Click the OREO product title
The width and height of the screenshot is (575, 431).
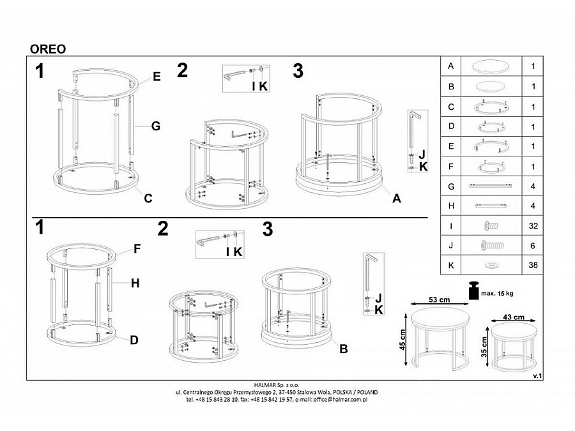pos(48,49)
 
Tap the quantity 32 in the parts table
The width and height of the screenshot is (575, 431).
pos(533,226)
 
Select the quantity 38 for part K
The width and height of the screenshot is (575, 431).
pos(533,265)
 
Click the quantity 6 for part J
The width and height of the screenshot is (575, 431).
pos(533,246)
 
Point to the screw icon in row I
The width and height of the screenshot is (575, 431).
pos(491,226)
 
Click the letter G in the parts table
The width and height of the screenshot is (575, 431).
pos(451,186)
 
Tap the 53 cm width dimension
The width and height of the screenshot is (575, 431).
pos(440,300)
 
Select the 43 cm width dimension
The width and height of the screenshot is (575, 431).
pos(514,317)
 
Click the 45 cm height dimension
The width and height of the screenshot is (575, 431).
pos(402,340)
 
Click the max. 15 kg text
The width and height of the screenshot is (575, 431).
pos(497,294)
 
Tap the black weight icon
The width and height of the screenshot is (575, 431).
pos(474,291)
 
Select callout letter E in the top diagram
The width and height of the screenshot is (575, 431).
pos(157,77)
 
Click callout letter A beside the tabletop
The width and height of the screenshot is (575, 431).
pos(396,199)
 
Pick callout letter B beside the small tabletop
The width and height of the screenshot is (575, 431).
pos(343,349)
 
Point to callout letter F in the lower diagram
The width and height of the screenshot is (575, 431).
pos(137,249)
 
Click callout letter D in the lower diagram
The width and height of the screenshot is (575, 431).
pos(134,340)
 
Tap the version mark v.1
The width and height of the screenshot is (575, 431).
pos(537,376)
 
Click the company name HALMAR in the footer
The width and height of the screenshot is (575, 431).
pos(264,385)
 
